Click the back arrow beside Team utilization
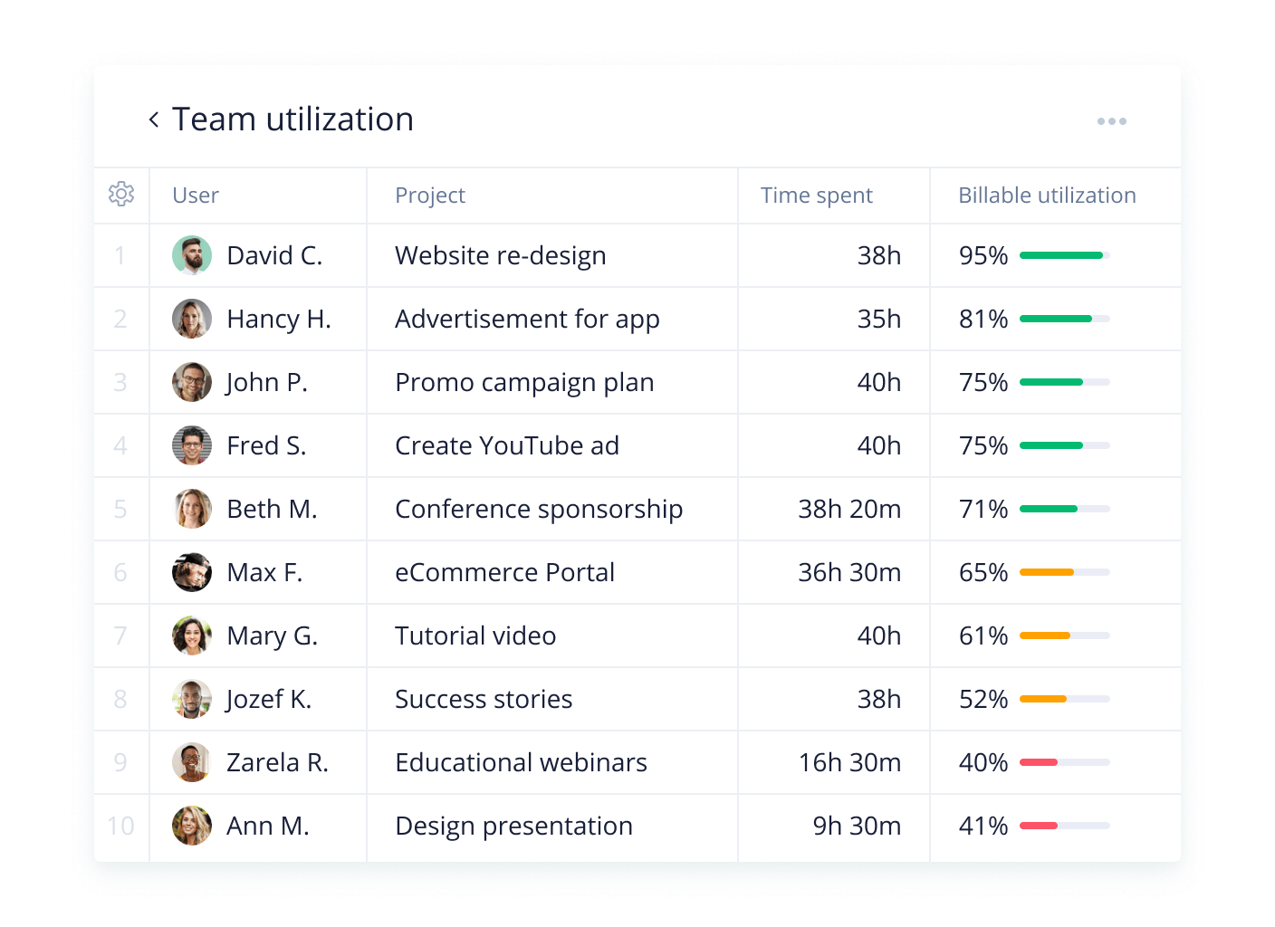pyautogui.click(x=154, y=119)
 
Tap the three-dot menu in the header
pyautogui.click(x=1111, y=121)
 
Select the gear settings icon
pyautogui.click(x=121, y=194)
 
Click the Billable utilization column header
pyautogui.click(x=1047, y=196)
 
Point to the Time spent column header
pyautogui.click(x=816, y=196)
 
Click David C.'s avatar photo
pyautogui.click(x=192, y=255)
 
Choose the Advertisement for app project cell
pyautogui.click(x=527, y=320)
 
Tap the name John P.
pyautogui.click(x=267, y=383)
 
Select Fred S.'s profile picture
pyautogui.click(x=192, y=445)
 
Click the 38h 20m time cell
pyautogui.click(x=848, y=510)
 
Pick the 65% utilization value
pyautogui.click(x=983, y=573)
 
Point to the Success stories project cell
pyautogui.click(x=484, y=700)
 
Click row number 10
pyautogui.click(x=120, y=826)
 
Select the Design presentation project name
pyautogui.click(x=513, y=827)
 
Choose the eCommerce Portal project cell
pyautogui.click(x=504, y=573)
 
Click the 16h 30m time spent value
pyautogui.click(x=848, y=763)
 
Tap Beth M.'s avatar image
pyautogui.click(x=192, y=509)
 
